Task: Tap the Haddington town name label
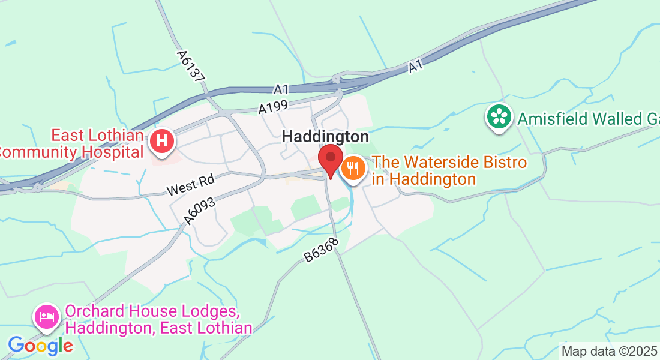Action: [x=325, y=137]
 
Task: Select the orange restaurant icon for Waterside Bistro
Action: [x=353, y=168]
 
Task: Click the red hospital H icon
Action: [x=161, y=142]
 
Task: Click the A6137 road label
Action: [x=191, y=66]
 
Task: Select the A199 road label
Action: [x=274, y=107]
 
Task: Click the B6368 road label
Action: [x=321, y=249]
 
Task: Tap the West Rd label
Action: [x=190, y=184]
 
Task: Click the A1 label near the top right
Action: [x=415, y=67]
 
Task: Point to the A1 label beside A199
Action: [x=281, y=89]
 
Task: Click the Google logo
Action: [x=40, y=345]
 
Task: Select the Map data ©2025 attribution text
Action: [x=609, y=351]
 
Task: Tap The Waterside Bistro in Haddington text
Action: [x=449, y=170]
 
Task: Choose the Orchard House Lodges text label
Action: [x=158, y=320]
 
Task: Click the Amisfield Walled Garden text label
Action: [x=588, y=119]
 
